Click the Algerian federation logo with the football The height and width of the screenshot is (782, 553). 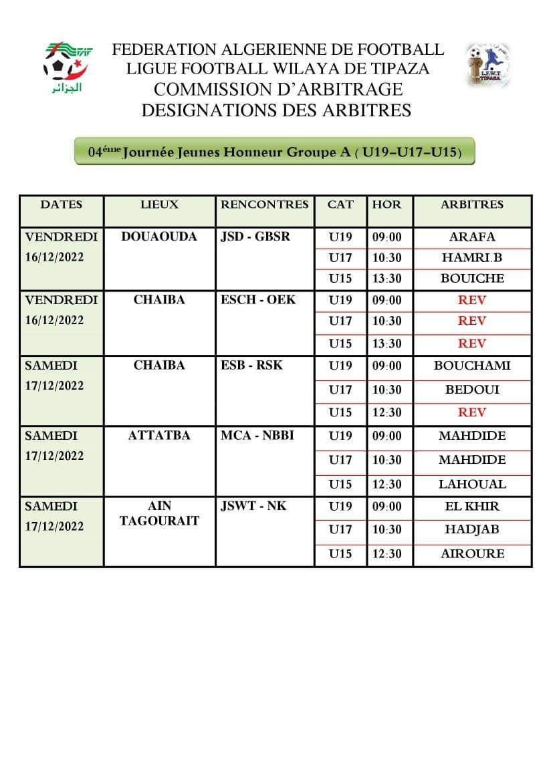coord(68,67)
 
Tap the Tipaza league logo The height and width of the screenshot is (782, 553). coord(487,65)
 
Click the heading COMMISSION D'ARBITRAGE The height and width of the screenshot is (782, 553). coord(278,89)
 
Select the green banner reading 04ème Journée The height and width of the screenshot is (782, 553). coord(275,152)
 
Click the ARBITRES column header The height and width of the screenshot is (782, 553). coord(472,205)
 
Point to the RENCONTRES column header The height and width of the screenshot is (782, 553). coord(265,205)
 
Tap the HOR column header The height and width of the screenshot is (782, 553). coord(386,205)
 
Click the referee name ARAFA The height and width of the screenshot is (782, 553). coord(472,237)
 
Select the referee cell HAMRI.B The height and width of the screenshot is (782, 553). coord(472,257)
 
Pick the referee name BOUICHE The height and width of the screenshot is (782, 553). coord(472,278)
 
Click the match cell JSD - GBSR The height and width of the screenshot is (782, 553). coord(255,237)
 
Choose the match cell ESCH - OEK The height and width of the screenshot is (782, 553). coord(258,300)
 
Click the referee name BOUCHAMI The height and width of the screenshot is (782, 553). coord(472,366)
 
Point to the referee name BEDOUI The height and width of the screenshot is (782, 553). coord(472,389)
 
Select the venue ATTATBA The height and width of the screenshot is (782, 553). coord(159,436)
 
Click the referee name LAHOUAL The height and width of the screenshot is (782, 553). coord(472,484)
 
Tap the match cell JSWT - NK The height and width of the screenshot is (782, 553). coord(253,506)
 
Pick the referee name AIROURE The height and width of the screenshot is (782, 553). coord(472,553)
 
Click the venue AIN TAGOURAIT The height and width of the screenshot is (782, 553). coord(159,513)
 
